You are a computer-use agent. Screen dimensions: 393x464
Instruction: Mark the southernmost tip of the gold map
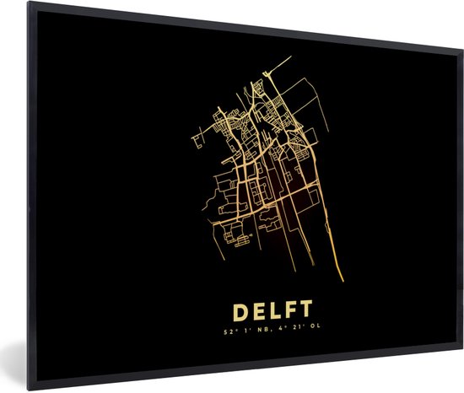click(343, 281)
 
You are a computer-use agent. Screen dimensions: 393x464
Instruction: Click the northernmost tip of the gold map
click(290, 57)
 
